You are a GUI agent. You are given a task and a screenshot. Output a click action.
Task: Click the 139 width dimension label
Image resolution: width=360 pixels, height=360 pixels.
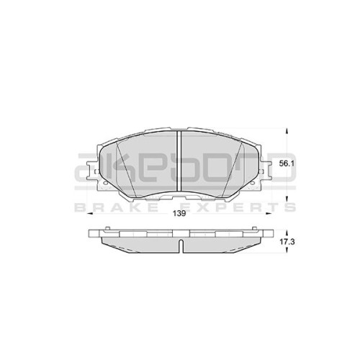(x=180, y=213)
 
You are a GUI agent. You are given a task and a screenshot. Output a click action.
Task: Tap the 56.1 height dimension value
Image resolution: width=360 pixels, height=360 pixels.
(x=287, y=163)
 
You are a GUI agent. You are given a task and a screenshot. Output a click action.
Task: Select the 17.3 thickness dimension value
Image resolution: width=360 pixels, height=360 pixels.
(x=287, y=242)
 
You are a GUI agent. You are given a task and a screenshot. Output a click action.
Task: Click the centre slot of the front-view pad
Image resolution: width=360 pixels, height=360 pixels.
(x=179, y=161)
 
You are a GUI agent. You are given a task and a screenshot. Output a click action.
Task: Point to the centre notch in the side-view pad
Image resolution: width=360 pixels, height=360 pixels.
(x=181, y=246)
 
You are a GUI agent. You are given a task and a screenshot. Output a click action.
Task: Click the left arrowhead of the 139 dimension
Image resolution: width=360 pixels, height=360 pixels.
(x=89, y=213)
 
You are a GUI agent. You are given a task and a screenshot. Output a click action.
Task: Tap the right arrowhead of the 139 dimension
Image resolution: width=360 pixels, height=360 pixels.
(x=269, y=213)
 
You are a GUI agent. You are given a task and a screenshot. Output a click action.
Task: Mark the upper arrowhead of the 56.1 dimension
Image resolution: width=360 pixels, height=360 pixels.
(x=287, y=131)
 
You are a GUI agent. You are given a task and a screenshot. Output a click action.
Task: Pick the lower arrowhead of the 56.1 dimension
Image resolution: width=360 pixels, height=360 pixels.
(x=287, y=198)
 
